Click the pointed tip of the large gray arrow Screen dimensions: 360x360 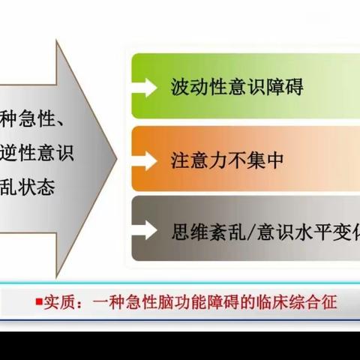coord(115,158)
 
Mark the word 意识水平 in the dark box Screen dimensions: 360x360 coord(275,229)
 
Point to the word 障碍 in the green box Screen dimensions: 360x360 coord(286,88)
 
